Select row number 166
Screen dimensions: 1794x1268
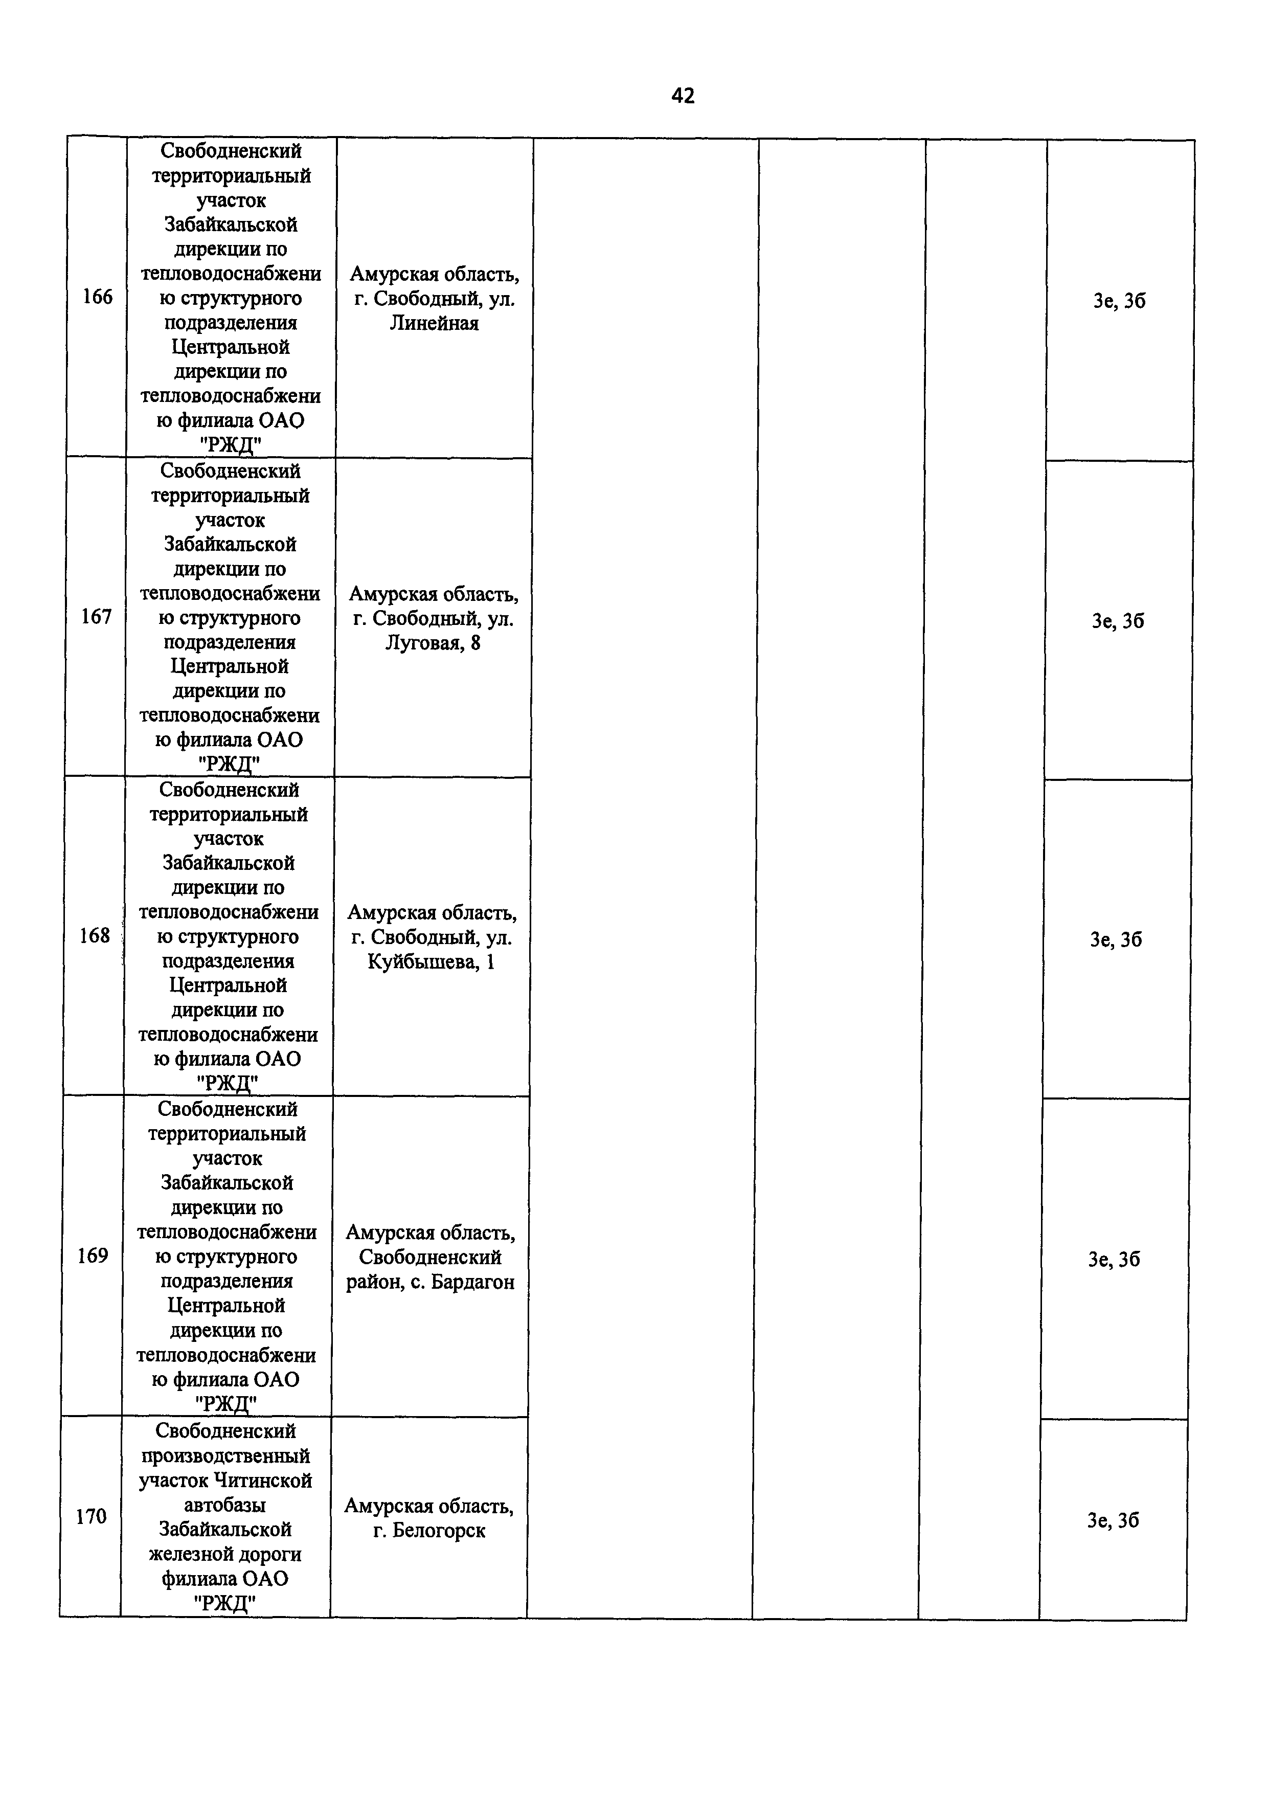point(98,297)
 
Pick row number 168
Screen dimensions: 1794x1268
point(95,935)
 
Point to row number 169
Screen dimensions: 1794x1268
point(93,1255)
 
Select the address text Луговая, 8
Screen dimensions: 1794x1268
point(432,643)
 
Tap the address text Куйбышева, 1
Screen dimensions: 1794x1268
point(431,962)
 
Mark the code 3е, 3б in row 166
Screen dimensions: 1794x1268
point(1119,302)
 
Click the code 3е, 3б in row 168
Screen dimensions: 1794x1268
point(1116,940)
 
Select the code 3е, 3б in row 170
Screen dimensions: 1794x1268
point(1113,1520)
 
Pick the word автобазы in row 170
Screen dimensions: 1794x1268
point(225,1505)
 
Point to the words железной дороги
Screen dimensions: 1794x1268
point(225,1554)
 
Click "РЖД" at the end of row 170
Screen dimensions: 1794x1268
point(225,1603)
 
